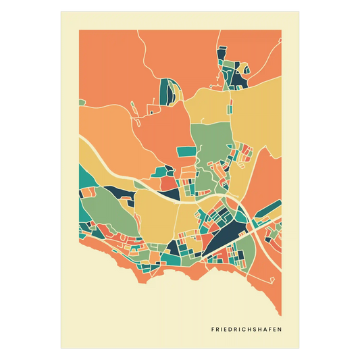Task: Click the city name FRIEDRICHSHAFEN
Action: (247, 330)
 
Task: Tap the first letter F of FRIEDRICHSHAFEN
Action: (213, 330)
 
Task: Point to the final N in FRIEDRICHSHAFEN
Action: (280, 330)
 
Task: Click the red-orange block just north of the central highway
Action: (166, 183)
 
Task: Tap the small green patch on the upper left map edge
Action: (81, 103)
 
